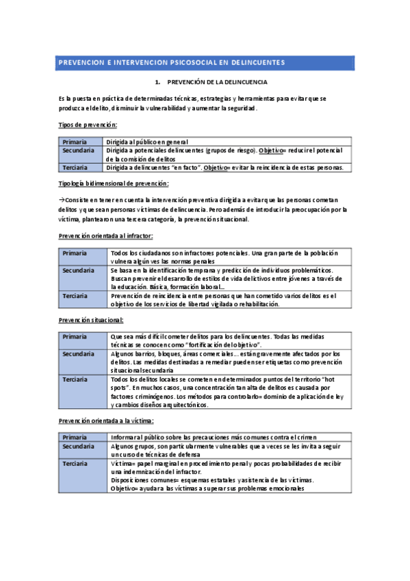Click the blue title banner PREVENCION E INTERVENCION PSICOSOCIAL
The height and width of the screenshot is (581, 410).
pos(205,62)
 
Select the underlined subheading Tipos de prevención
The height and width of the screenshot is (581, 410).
pos(88,125)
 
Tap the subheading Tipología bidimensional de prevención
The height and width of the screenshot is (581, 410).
pos(114,184)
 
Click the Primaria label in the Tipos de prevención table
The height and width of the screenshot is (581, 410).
pos(75,142)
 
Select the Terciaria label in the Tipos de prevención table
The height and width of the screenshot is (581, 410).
pos(75,167)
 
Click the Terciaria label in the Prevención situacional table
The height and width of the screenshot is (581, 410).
pos(75,379)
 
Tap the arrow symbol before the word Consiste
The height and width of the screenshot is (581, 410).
pos(62,198)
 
